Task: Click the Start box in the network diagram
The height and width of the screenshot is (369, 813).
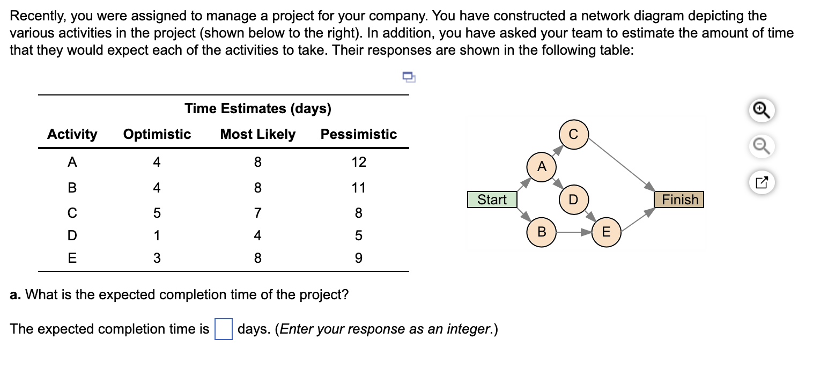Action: pyautogui.click(x=492, y=200)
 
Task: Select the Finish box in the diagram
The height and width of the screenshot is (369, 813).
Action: pyautogui.click(x=679, y=200)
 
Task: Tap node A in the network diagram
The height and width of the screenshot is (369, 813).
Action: pyautogui.click(x=542, y=167)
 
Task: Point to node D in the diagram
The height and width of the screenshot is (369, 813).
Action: pyautogui.click(x=573, y=200)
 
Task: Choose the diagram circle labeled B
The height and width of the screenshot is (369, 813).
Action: pyautogui.click(x=542, y=233)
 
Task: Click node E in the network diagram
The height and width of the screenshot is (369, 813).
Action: pyautogui.click(x=606, y=233)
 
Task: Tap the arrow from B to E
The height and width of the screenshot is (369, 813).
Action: pyautogui.click(x=573, y=233)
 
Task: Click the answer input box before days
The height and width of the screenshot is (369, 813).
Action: pyautogui.click(x=223, y=329)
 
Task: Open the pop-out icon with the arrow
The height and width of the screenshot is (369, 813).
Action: pyautogui.click(x=762, y=182)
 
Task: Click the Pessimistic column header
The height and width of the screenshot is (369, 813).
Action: pyautogui.click(x=358, y=134)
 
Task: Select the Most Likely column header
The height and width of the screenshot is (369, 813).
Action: pyautogui.click(x=257, y=134)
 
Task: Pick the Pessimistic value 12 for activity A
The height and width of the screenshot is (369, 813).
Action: pyautogui.click(x=358, y=162)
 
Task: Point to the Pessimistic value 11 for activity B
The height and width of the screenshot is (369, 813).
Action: pyautogui.click(x=358, y=188)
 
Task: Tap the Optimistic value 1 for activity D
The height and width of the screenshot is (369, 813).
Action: pyautogui.click(x=157, y=235)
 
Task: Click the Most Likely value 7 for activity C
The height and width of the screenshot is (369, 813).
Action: pyautogui.click(x=257, y=213)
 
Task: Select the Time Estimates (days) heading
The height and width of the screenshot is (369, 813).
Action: pyautogui.click(x=257, y=109)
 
